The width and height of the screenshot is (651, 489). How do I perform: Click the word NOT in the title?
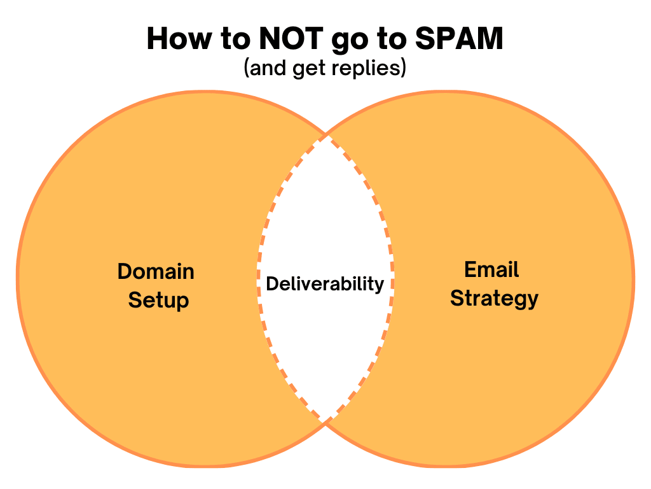[x=291, y=38]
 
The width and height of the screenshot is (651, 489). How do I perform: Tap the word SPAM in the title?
[x=459, y=38]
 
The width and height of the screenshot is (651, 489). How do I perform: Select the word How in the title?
[x=179, y=38]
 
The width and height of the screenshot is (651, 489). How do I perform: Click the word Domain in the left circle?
[x=156, y=271]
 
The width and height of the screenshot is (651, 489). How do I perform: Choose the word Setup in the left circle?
[x=158, y=301]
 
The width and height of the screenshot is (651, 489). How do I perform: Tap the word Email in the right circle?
[x=491, y=269]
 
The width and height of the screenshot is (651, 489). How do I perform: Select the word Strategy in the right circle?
[x=494, y=299]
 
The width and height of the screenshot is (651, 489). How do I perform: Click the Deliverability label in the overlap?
[x=325, y=285]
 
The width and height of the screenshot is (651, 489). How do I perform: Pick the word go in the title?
[x=349, y=41]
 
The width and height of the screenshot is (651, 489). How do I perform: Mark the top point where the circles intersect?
[x=326, y=135]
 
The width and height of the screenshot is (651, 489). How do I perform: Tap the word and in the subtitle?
[x=268, y=68]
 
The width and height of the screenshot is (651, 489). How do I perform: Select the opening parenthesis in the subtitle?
[x=247, y=68]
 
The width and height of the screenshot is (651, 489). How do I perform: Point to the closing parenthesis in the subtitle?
[x=403, y=68]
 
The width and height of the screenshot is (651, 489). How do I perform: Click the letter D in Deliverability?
[x=272, y=283]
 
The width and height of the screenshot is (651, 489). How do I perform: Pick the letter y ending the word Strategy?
[x=532, y=301]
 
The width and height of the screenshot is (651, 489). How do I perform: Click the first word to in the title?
[x=235, y=39]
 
